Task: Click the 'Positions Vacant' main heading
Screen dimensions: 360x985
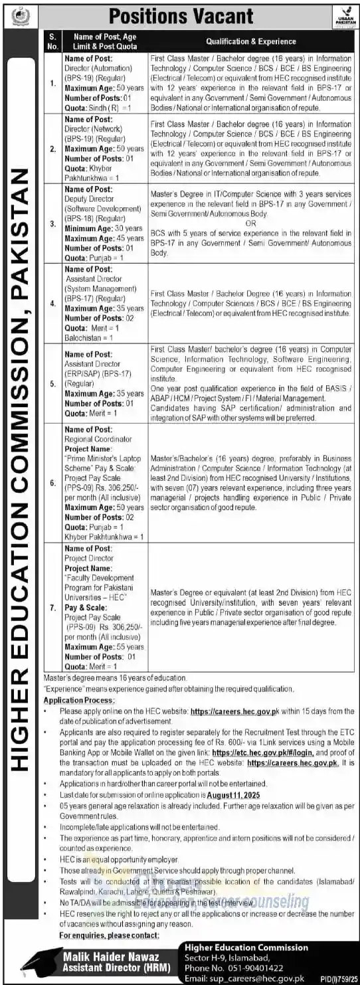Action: click(181, 15)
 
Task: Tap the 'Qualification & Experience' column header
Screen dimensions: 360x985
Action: click(250, 41)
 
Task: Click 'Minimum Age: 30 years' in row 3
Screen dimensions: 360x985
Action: click(104, 228)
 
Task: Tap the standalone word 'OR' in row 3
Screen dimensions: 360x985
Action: click(250, 223)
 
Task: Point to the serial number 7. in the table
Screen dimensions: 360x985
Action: click(52, 597)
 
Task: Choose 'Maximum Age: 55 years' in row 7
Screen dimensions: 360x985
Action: click(104, 646)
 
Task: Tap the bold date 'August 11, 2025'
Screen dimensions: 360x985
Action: click(234, 794)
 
